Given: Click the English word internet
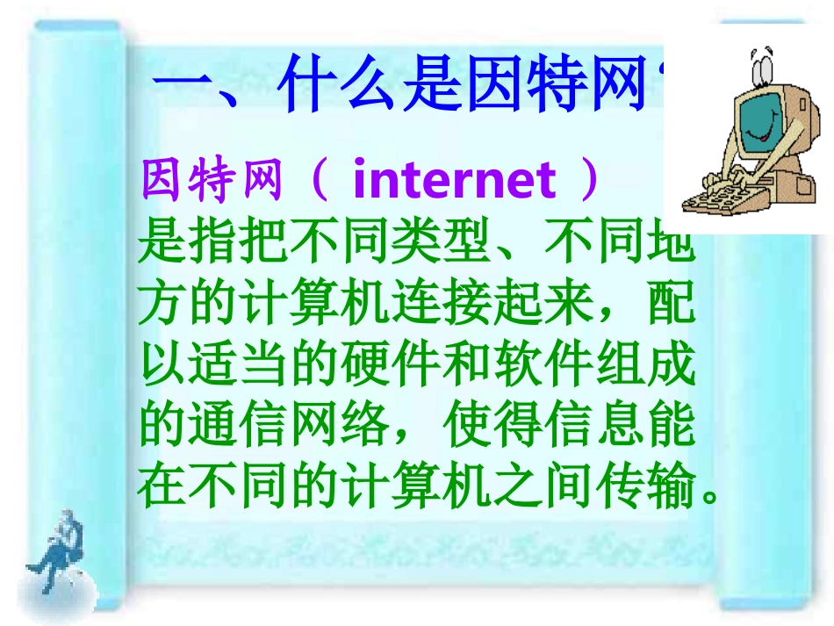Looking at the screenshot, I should coord(454,180).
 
